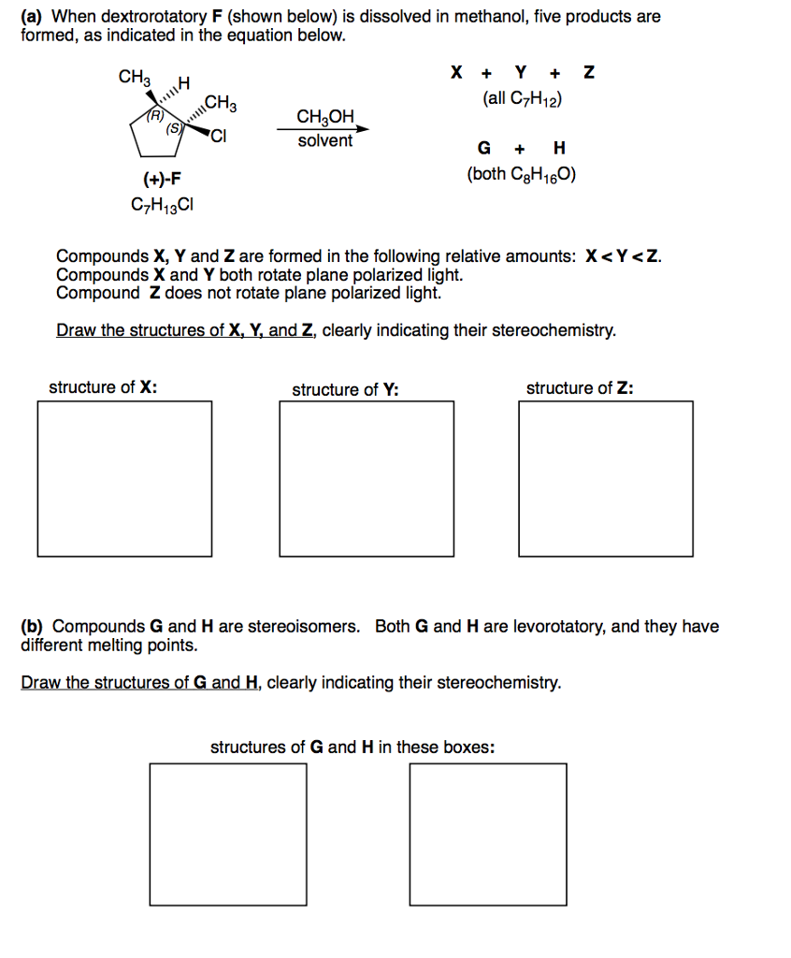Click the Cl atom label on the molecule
[218, 139]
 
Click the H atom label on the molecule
[183, 84]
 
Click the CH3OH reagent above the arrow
[325, 117]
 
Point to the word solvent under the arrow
[325, 141]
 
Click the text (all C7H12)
[522, 98]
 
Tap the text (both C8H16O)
[522, 174]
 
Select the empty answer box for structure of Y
[367, 479]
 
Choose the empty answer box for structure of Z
[606, 479]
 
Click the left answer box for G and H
[228, 835]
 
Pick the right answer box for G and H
[487, 835]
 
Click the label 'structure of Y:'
[345, 390]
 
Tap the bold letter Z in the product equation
[587, 72]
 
